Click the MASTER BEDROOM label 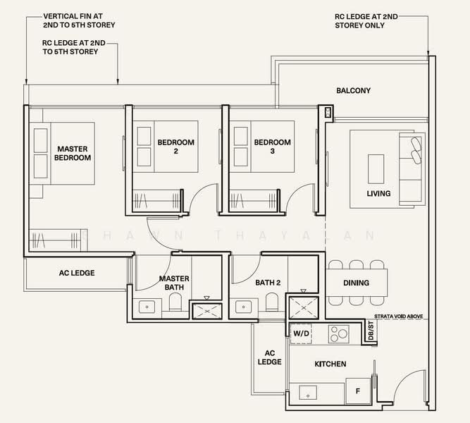coord(73,153)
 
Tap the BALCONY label coord(354,90)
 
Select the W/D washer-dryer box coord(301,333)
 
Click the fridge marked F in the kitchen coord(358,391)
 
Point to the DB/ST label coord(371,331)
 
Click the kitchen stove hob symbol coord(339,334)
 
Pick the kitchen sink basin coord(308,393)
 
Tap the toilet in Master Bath coord(175,302)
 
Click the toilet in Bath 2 coord(272,302)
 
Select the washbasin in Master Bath coord(147,307)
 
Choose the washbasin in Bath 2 coord(243,307)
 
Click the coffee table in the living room coord(376,169)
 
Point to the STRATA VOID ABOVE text coord(399,317)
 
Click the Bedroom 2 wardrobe coord(156,200)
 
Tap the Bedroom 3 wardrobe coord(253,200)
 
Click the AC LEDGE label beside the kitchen coord(269,357)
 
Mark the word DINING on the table coord(356,283)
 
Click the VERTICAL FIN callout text coord(79,20)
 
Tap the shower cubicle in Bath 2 coord(303,308)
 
